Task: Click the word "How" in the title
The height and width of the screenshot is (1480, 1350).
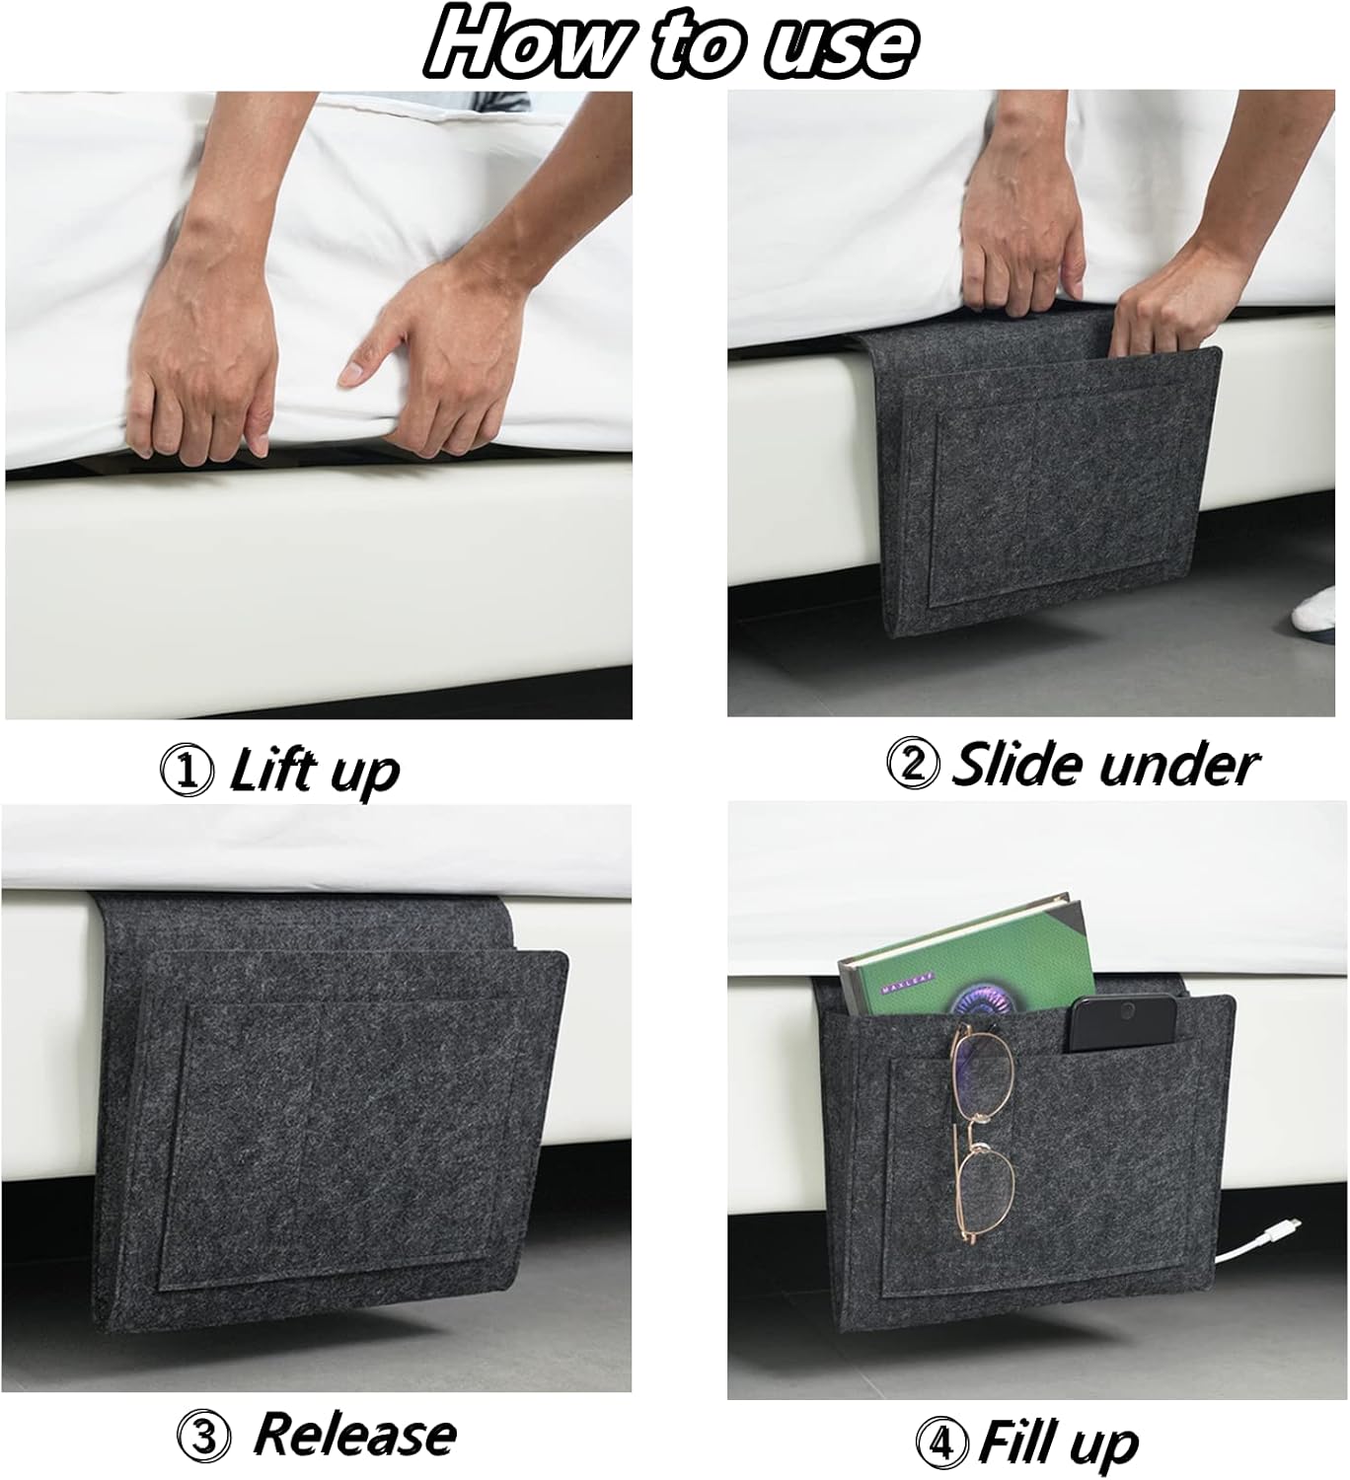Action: (523, 42)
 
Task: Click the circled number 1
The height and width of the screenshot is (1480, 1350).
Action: (187, 771)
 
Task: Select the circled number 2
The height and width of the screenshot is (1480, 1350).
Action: (913, 766)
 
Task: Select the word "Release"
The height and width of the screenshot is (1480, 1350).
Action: (355, 1435)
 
